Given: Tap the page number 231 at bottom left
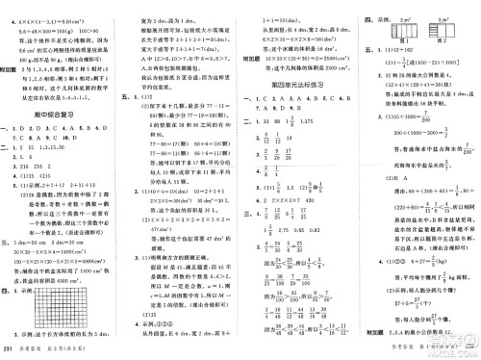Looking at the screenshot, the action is (13, 348).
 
